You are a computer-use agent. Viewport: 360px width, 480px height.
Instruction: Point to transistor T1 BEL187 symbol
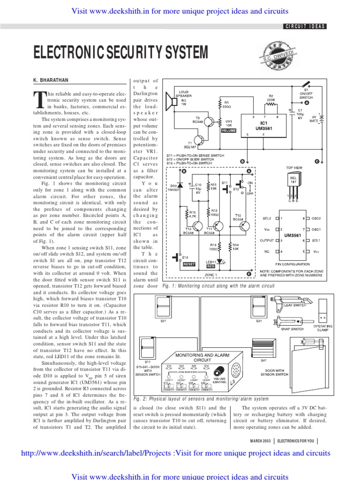coord(200,142)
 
